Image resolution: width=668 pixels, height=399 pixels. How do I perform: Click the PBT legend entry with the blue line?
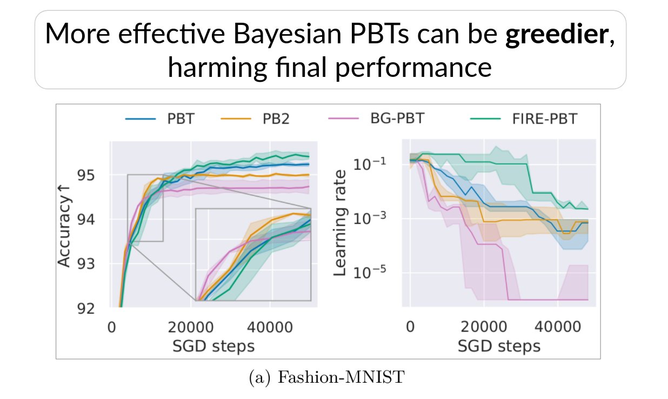[159, 119]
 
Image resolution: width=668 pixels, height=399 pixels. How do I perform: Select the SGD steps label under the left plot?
[214, 345]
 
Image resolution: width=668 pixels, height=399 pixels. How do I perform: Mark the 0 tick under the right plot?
[410, 328]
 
